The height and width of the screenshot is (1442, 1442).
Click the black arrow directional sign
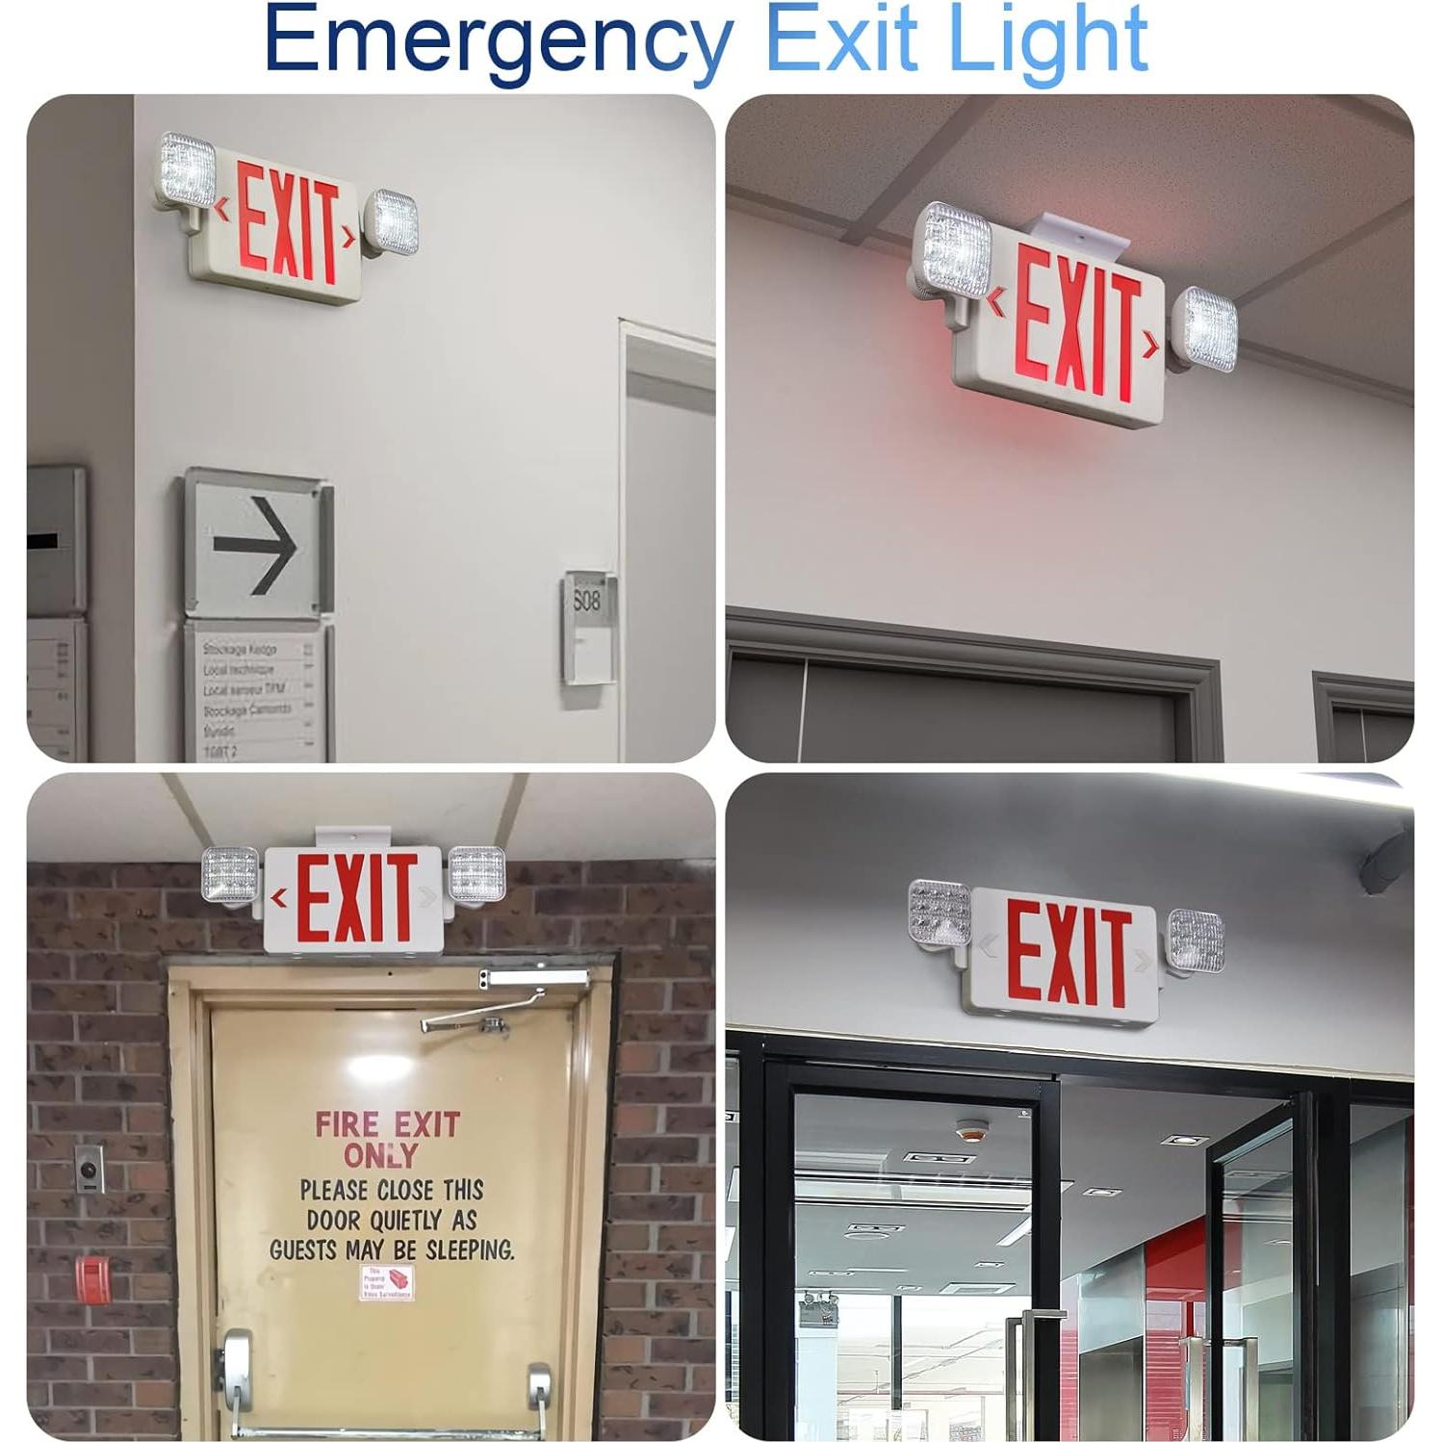[x=257, y=546]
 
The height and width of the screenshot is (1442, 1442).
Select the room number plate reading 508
[x=586, y=601]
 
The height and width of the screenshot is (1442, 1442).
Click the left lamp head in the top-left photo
[x=187, y=171]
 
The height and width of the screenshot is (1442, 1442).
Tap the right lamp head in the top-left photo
[x=395, y=222]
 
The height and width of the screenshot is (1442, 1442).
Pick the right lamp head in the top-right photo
[x=1205, y=329]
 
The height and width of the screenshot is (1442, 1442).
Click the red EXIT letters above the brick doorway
[x=356, y=898]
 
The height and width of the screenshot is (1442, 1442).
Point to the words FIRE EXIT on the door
[x=388, y=1124]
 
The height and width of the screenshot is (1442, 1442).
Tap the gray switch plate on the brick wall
[x=90, y=1168]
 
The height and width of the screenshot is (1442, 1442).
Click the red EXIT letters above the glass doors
[x=1068, y=955]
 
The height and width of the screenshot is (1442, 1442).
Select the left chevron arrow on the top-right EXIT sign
[x=996, y=304]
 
